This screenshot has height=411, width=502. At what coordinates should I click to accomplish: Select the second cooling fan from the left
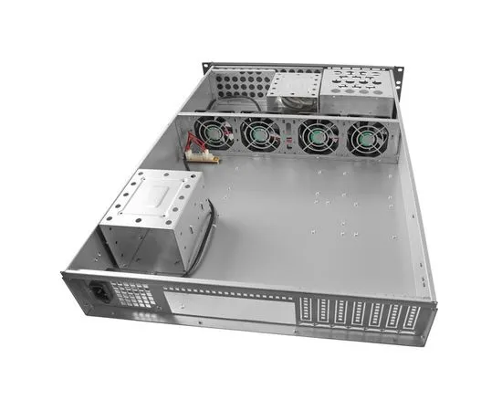pyautogui.click(x=261, y=135)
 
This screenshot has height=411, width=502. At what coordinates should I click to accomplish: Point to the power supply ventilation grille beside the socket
pyautogui.click(x=133, y=296)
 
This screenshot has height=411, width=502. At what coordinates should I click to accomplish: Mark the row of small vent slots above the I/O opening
pyautogui.click(x=228, y=290)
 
